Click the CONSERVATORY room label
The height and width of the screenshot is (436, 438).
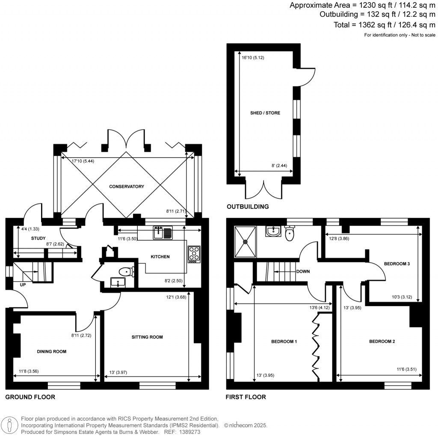126,186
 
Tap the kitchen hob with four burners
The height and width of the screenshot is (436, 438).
194,254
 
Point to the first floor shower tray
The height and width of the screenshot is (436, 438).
246,242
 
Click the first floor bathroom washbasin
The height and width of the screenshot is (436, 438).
272,232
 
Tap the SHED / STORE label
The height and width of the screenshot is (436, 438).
265,113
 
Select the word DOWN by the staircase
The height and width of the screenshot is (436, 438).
303,272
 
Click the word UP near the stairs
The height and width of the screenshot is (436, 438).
23,284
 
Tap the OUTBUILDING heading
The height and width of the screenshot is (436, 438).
248,207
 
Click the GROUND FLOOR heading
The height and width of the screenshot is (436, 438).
30,397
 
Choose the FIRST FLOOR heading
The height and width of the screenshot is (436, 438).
246,397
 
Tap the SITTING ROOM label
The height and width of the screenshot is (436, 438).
147,337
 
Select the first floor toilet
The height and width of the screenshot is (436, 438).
290,233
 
